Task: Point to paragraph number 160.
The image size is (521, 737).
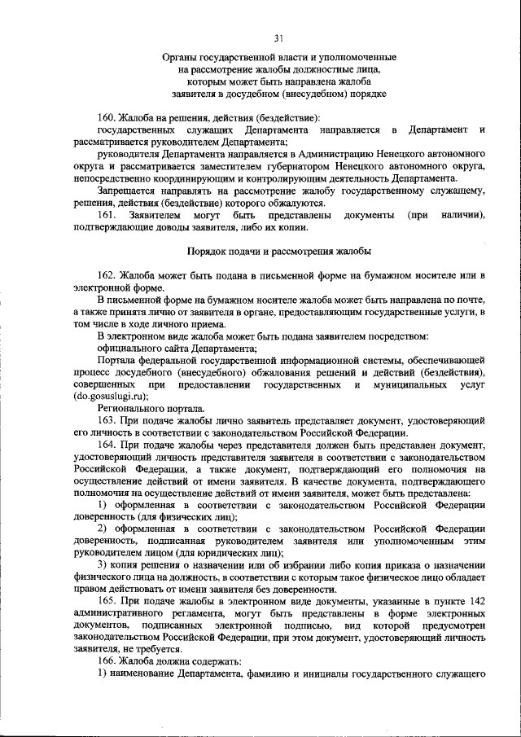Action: [108, 118]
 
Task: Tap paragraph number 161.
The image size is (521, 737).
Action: [108, 215]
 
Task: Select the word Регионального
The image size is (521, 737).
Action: [129, 409]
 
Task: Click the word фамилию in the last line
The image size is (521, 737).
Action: [260, 676]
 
